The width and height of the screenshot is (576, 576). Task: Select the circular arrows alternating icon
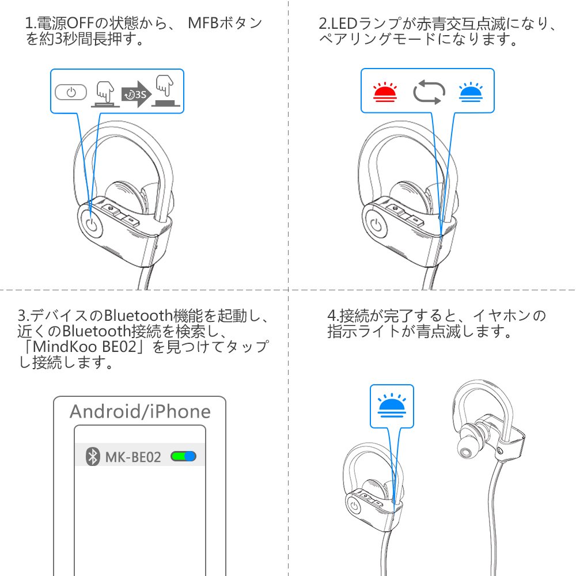429,92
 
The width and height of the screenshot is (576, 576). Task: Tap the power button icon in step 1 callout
71,92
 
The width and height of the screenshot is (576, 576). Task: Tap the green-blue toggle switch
184,457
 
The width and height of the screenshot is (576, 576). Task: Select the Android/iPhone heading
140,411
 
